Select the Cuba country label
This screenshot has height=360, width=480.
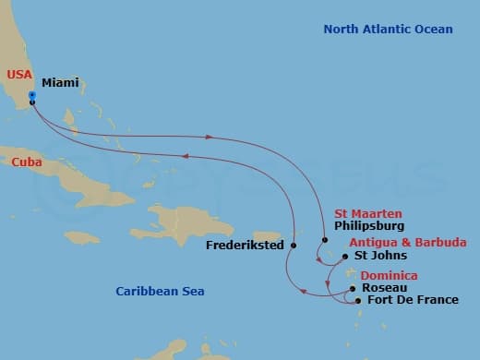pos(27,162)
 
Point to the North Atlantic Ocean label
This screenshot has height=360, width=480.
pos(388,30)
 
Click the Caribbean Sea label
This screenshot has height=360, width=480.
pos(160,292)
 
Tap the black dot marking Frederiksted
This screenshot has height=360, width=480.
pos(294,246)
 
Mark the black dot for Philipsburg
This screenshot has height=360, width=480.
pos(326,242)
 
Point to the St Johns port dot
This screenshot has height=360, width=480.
pos(345,258)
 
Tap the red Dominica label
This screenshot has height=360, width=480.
pos(389,276)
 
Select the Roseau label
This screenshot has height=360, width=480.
pos(385,288)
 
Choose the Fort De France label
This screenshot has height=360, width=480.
pos(413,300)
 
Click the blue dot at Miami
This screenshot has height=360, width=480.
pos(31,95)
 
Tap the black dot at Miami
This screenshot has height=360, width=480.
pos(31,102)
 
